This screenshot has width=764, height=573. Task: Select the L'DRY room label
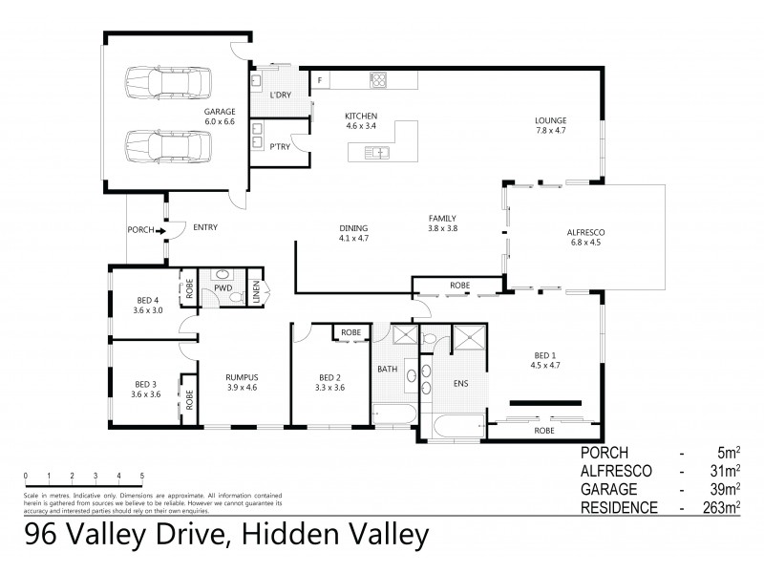[x=280, y=95]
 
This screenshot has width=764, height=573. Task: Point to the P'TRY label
[x=280, y=146]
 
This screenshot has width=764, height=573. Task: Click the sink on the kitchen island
[x=379, y=151]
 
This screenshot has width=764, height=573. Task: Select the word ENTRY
[x=204, y=227]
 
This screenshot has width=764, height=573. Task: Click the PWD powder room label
[x=223, y=286]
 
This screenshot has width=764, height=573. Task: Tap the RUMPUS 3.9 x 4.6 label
[x=243, y=382]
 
